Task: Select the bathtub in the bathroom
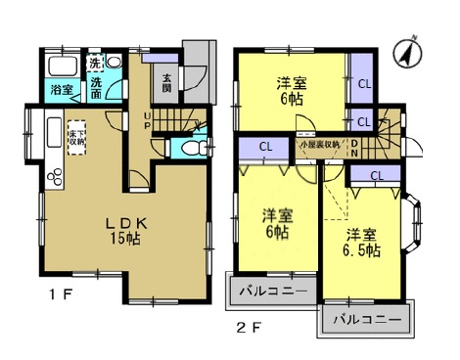point(61,67)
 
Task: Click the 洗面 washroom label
point(96,89)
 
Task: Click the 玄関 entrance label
point(167,83)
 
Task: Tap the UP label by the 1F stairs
point(148,119)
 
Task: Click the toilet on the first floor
point(195,148)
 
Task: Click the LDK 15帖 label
point(127,230)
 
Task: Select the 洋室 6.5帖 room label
point(362,242)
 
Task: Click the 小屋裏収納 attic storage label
point(320,145)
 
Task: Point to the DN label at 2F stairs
point(354,147)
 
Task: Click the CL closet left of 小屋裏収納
point(264,148)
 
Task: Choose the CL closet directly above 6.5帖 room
point(377,175)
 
